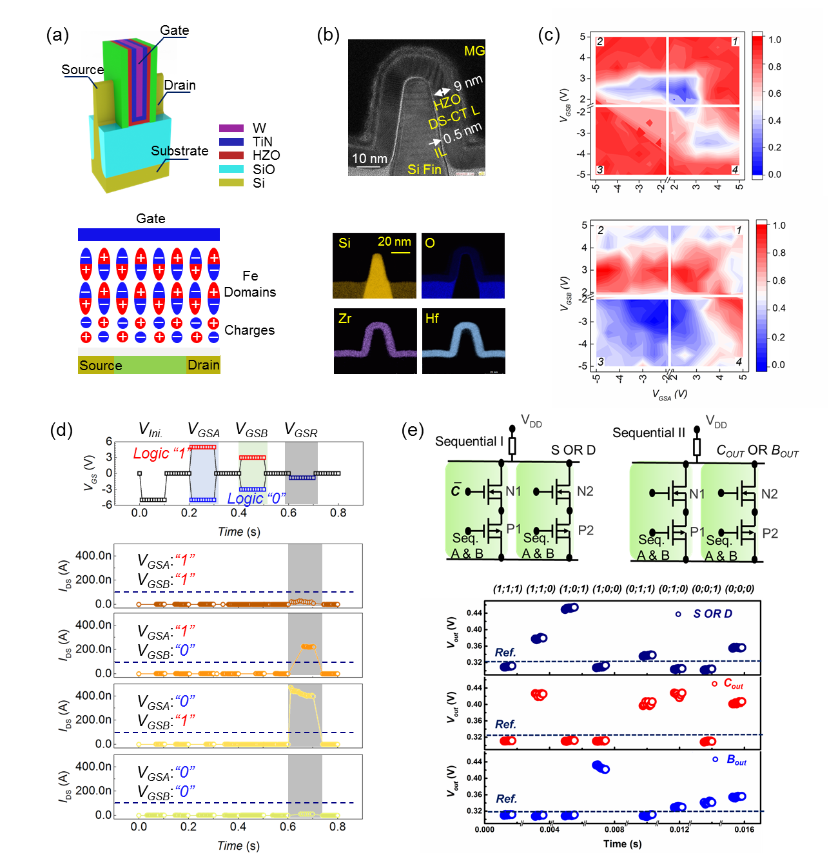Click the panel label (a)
click(57, 35)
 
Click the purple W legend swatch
click(231, 128)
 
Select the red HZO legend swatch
click(231, 155)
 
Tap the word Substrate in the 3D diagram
click(179, 151)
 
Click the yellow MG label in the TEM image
click(474, 51)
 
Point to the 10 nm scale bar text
click(369, 159)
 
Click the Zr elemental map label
click(345, 319)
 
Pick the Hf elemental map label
click(432, 319)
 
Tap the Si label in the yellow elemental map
click(345, 243)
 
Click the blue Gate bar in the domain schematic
click(149, 235)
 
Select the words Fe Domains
click(250, 284)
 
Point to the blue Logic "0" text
click(256, 498)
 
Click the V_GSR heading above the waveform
click(301, 430)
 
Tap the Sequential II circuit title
click(648, 433)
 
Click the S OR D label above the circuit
click(573, 449)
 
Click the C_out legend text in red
click(733, 684)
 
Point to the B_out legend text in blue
click(736, 760)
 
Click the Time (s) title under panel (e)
click(622, 844)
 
